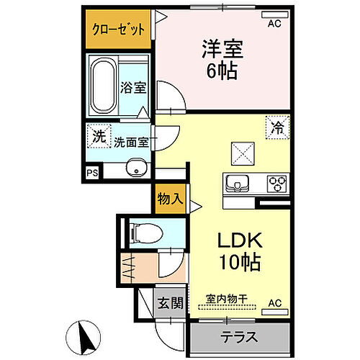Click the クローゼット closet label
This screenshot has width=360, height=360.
tap(119, 30)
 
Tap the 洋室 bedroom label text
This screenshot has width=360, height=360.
tap(222, 49)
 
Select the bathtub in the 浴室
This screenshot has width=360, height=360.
tap(103, 86)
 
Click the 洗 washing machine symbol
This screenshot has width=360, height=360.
tap(99, 136)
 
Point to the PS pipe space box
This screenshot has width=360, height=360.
tap(92, 173)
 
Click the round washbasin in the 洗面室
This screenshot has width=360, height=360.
tap(137, 168)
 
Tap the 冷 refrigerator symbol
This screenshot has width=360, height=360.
tap(277, 127)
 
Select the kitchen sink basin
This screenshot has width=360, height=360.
tap(238, 183)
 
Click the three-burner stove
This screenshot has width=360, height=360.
tap(277, 184)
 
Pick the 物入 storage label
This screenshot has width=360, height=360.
tap(170, 199)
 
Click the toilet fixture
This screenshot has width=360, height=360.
tap(145, 233)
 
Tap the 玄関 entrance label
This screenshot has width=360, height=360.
tap(171, 303)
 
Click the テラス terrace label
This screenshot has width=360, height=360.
tap(239, 337)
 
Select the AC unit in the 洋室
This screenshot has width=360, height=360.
tap(275, 15)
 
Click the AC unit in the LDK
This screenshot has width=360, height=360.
tap(275, 312)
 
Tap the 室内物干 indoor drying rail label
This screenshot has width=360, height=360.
tap(227, 299)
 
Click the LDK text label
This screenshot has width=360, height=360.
tap(240, 240)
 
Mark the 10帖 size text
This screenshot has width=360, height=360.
tap(240, 262)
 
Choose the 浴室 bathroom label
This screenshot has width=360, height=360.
tap(133, 87)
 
